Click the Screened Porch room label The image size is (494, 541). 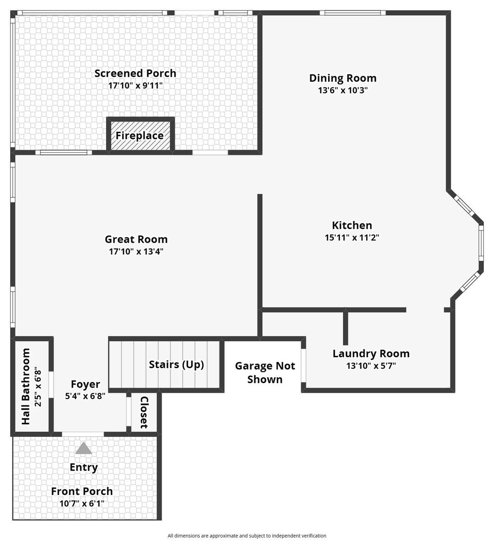point(135,73)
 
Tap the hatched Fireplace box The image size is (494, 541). point(140,136)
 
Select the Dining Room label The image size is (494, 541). point(343,78)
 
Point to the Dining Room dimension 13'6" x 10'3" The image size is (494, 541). point(343,90)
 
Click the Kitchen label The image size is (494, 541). point(352,225)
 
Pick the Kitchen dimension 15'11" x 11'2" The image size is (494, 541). point(352,237)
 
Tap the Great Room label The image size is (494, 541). point(136,239)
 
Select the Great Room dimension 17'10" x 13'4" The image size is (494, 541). point(136,251)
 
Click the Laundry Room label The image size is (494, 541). point(371,354)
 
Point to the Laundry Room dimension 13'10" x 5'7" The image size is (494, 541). point(371,366)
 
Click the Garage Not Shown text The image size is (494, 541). point(265,373)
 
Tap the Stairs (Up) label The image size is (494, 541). point(176,364)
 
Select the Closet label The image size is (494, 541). point(144,413)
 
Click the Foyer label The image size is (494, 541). point(85,385)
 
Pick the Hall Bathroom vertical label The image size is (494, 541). point(26,386)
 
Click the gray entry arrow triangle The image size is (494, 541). point(83,448)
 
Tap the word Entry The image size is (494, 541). point(83,467)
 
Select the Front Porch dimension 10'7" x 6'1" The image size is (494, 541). point(82,503)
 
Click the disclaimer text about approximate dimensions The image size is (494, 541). point(247,536)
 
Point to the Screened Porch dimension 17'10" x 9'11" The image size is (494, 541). point(135,85)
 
